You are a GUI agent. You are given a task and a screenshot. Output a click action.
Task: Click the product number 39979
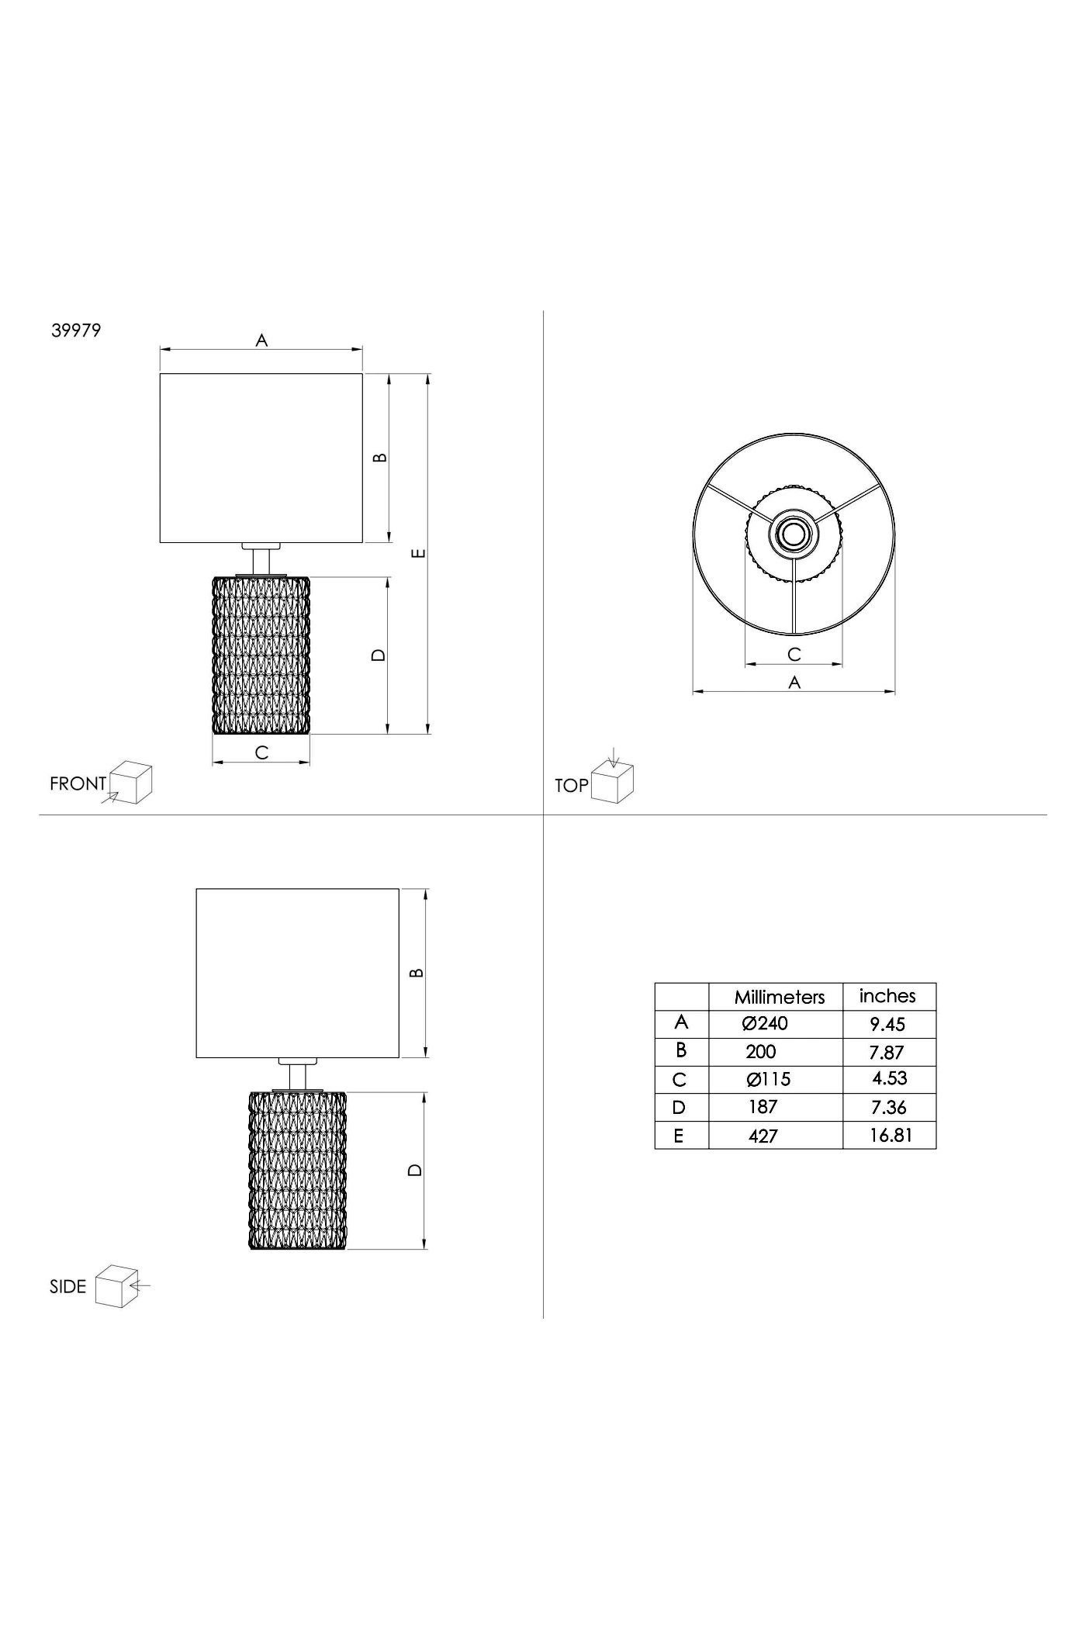coord(76,330)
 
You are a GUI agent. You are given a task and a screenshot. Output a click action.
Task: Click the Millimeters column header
coord(780,997)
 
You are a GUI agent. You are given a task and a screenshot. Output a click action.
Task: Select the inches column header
coord(887,996)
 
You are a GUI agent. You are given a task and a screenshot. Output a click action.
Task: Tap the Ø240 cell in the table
coord(765,1024)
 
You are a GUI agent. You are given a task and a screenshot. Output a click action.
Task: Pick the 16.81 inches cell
coord(891,1136)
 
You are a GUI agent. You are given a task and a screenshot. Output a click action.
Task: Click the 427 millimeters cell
coord(763,1136)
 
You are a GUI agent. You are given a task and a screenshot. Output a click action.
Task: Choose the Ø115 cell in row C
coord(768,1080)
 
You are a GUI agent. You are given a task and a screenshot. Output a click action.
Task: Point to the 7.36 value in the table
coord(888,1108)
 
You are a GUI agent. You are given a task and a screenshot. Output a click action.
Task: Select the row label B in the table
coord(681,1050)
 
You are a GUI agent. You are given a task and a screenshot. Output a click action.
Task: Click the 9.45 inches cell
coord(887,1025)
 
